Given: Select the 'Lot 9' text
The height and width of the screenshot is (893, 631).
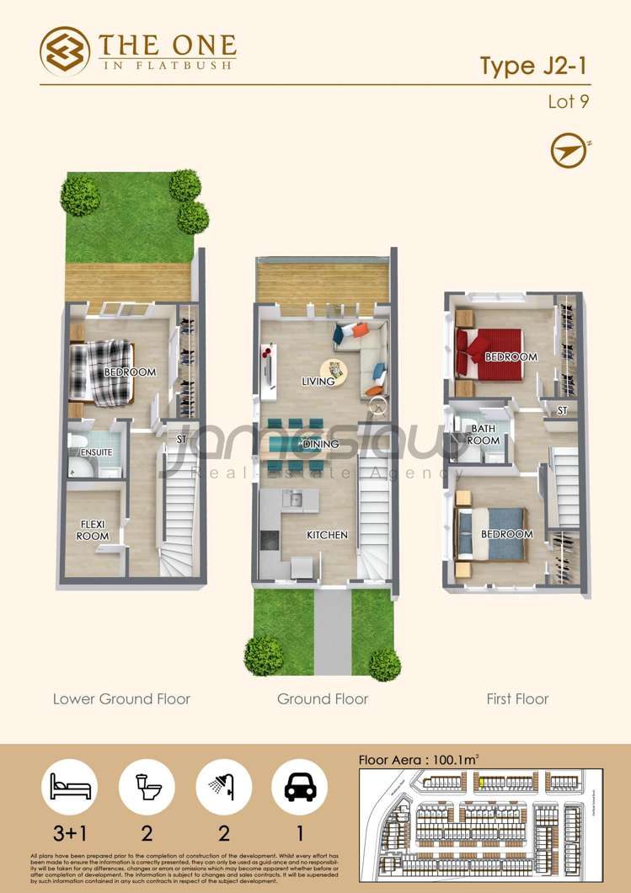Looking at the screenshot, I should [x=568, y=103].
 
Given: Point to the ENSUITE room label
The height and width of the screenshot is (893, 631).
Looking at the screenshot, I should [x=96, y=453].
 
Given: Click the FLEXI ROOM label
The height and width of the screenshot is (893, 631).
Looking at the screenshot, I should [x=93, y=530].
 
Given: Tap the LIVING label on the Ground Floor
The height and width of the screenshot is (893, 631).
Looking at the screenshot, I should [x=318, y=382].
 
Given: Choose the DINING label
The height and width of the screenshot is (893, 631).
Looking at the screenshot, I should [x=320, y=444].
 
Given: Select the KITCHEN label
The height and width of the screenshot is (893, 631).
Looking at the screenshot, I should [x=327, y=535].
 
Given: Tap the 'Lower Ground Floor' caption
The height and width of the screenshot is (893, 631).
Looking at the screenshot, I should [x=121, y=699].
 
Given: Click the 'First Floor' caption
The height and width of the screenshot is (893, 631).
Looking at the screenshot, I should [x=517, y=699].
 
